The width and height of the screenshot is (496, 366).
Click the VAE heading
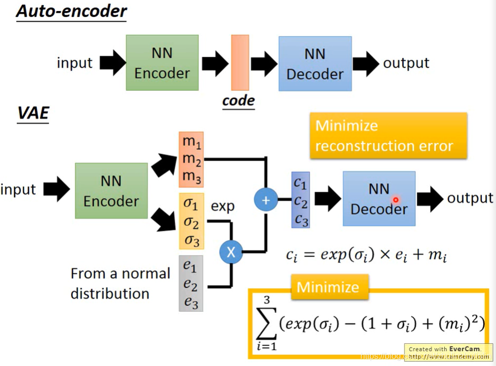33,113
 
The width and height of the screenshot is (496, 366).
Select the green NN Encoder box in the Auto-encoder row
162,62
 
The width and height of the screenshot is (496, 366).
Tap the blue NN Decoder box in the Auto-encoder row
315,63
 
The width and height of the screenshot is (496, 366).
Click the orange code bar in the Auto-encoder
240,62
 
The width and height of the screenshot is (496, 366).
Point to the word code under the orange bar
239,100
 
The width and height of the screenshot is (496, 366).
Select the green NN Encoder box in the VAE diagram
111,191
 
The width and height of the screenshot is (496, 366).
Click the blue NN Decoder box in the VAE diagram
379,199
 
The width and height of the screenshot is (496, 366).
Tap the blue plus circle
265,200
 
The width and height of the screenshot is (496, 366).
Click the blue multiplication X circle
231,252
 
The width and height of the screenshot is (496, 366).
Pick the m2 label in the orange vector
192,159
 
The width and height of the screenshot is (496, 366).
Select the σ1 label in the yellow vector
192,203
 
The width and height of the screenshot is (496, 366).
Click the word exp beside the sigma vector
222,205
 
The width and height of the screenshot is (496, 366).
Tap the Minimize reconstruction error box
388,135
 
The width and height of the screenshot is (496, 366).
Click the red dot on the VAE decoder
395,200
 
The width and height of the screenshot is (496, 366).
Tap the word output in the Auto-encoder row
406,63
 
